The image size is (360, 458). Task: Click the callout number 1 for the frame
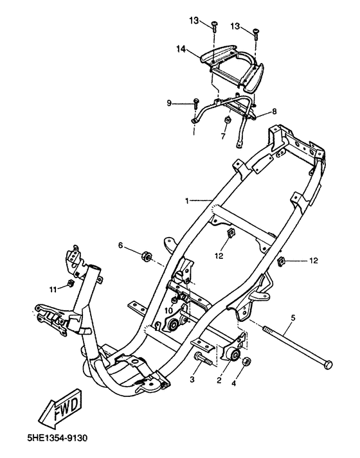point(187,200)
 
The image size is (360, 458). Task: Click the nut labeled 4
point(246,361)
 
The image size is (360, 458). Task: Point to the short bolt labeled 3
point(203,358)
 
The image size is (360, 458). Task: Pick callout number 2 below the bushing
point(219,380)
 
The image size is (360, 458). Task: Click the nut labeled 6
point(146,256)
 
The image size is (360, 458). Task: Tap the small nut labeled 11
point(70,283)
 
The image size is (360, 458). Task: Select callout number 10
point(168,311)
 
